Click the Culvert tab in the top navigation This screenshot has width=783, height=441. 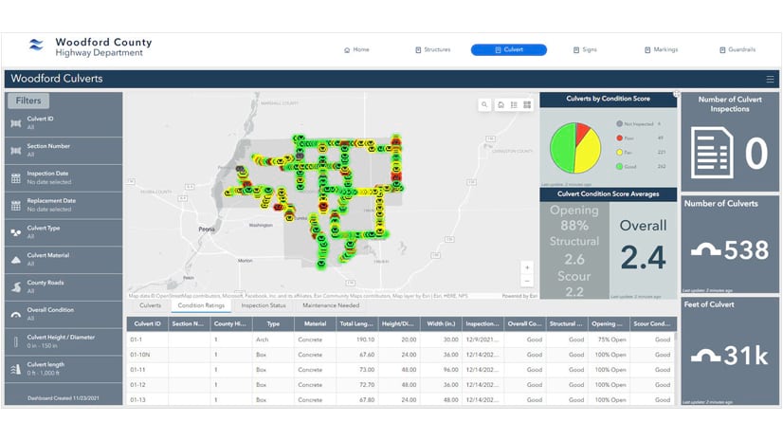pyautogui.click(x=508, y=49)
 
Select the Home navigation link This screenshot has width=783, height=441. pyautogui.click(x=356, y=49)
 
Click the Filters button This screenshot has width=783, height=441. pyautogui.click(x=28, y=101)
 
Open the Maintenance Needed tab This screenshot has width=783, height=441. pyautogui.click(x=329, y=305)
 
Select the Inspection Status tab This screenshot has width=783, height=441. pyautogui.click(x=264, y=305)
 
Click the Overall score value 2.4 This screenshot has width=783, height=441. pyautogui.click(x=644, y=257)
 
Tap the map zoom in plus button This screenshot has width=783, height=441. pyautogui.click(x=527, y=268)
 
